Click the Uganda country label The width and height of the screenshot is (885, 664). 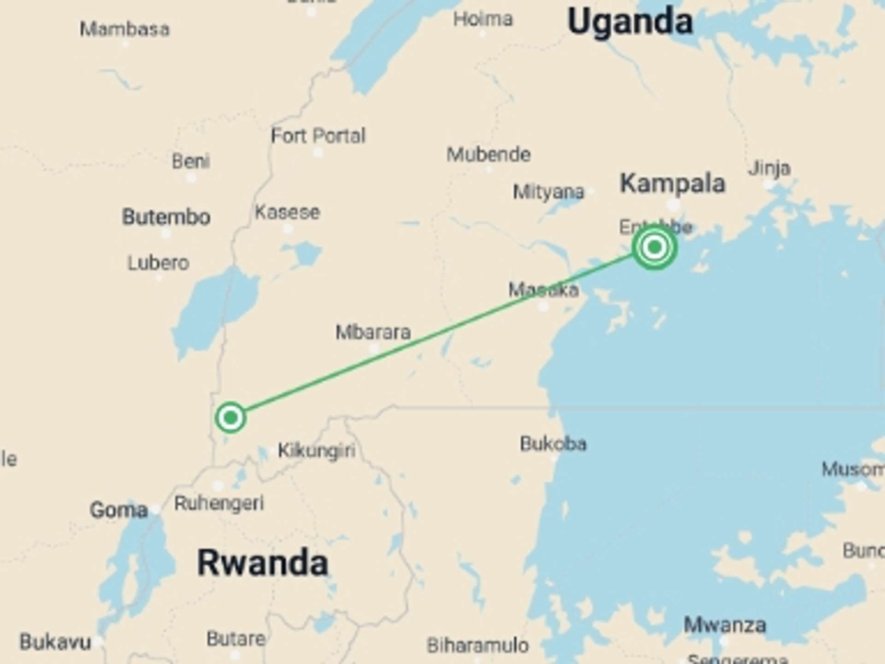click(630, 22)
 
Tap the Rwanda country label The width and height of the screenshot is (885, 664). click(262, 563)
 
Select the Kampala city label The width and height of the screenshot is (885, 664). click(673, 184)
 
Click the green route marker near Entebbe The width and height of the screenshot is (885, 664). click(654, 248)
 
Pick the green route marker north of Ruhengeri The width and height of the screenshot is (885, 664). click(230, 418)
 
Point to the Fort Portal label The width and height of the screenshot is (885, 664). click(318, 136)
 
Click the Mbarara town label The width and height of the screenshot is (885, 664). click(373, 332)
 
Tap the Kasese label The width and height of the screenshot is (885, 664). click(287, 213)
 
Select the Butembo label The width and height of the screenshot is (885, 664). click(166, 217)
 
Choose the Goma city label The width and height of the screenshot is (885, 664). click(119, 510)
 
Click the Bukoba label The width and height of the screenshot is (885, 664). click(553, 444)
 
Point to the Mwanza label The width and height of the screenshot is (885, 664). click(725, 625)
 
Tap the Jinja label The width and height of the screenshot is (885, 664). click(769, 168)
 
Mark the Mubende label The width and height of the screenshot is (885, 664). click(489, 154)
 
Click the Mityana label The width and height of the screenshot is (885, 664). click(549, 192)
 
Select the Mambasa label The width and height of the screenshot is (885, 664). click(124, 30)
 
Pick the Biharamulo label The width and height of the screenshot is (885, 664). click(478, 646)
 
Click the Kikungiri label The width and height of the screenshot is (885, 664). click(317, 450)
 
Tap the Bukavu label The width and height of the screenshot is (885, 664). click(55, 642)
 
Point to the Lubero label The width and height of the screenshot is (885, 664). click(158, 263)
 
